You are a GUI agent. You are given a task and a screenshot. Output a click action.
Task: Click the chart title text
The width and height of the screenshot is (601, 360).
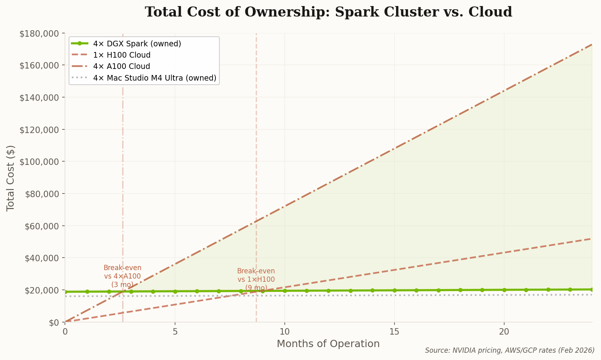tap(328, 12)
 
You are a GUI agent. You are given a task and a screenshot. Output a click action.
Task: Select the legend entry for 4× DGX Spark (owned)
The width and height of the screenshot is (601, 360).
tap(137, 44)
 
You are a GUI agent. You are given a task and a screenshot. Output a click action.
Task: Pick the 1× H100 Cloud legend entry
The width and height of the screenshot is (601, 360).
tap(121, 55)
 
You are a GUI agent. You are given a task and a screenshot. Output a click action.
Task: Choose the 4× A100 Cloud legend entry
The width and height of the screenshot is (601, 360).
tap(121, 67)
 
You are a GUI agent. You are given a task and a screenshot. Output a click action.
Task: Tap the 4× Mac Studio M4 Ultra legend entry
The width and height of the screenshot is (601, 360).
tap(154, 78)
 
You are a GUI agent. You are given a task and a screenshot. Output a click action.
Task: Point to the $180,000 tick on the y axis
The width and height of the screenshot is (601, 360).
tap(39, 33)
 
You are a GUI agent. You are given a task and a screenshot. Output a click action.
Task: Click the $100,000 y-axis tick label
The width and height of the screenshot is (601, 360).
tap(39, 162)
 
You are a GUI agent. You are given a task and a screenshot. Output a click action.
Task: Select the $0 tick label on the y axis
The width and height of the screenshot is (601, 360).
tap(54, 322)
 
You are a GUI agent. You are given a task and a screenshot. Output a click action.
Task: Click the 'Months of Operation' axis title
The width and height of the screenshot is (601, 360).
tap(328, 344)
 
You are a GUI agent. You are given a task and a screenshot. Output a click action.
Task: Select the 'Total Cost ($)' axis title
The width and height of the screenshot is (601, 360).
tap(11, 178)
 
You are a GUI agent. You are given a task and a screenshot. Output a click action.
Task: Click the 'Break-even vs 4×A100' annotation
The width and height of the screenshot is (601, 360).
tap(122, 276)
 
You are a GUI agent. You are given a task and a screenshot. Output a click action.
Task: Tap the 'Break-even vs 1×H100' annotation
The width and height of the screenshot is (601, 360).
tap(256, 279)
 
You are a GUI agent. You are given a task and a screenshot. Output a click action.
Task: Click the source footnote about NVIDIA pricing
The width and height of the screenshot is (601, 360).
tap(509, 350)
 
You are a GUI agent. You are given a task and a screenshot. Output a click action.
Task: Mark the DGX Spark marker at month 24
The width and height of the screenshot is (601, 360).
tap(592, 289)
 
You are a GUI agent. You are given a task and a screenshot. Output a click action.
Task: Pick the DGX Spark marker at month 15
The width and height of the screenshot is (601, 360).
tap(394, 290)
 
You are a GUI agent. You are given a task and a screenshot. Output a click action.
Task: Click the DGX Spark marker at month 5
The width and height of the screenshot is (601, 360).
tap(175, 291)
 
